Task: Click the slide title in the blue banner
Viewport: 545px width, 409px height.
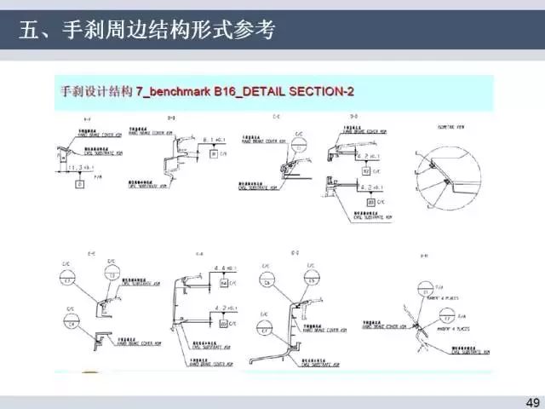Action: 148,32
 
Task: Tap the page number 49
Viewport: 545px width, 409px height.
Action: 532,401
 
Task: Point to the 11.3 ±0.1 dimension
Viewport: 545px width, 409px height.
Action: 78,165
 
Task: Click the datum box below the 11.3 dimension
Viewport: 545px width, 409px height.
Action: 79,182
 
